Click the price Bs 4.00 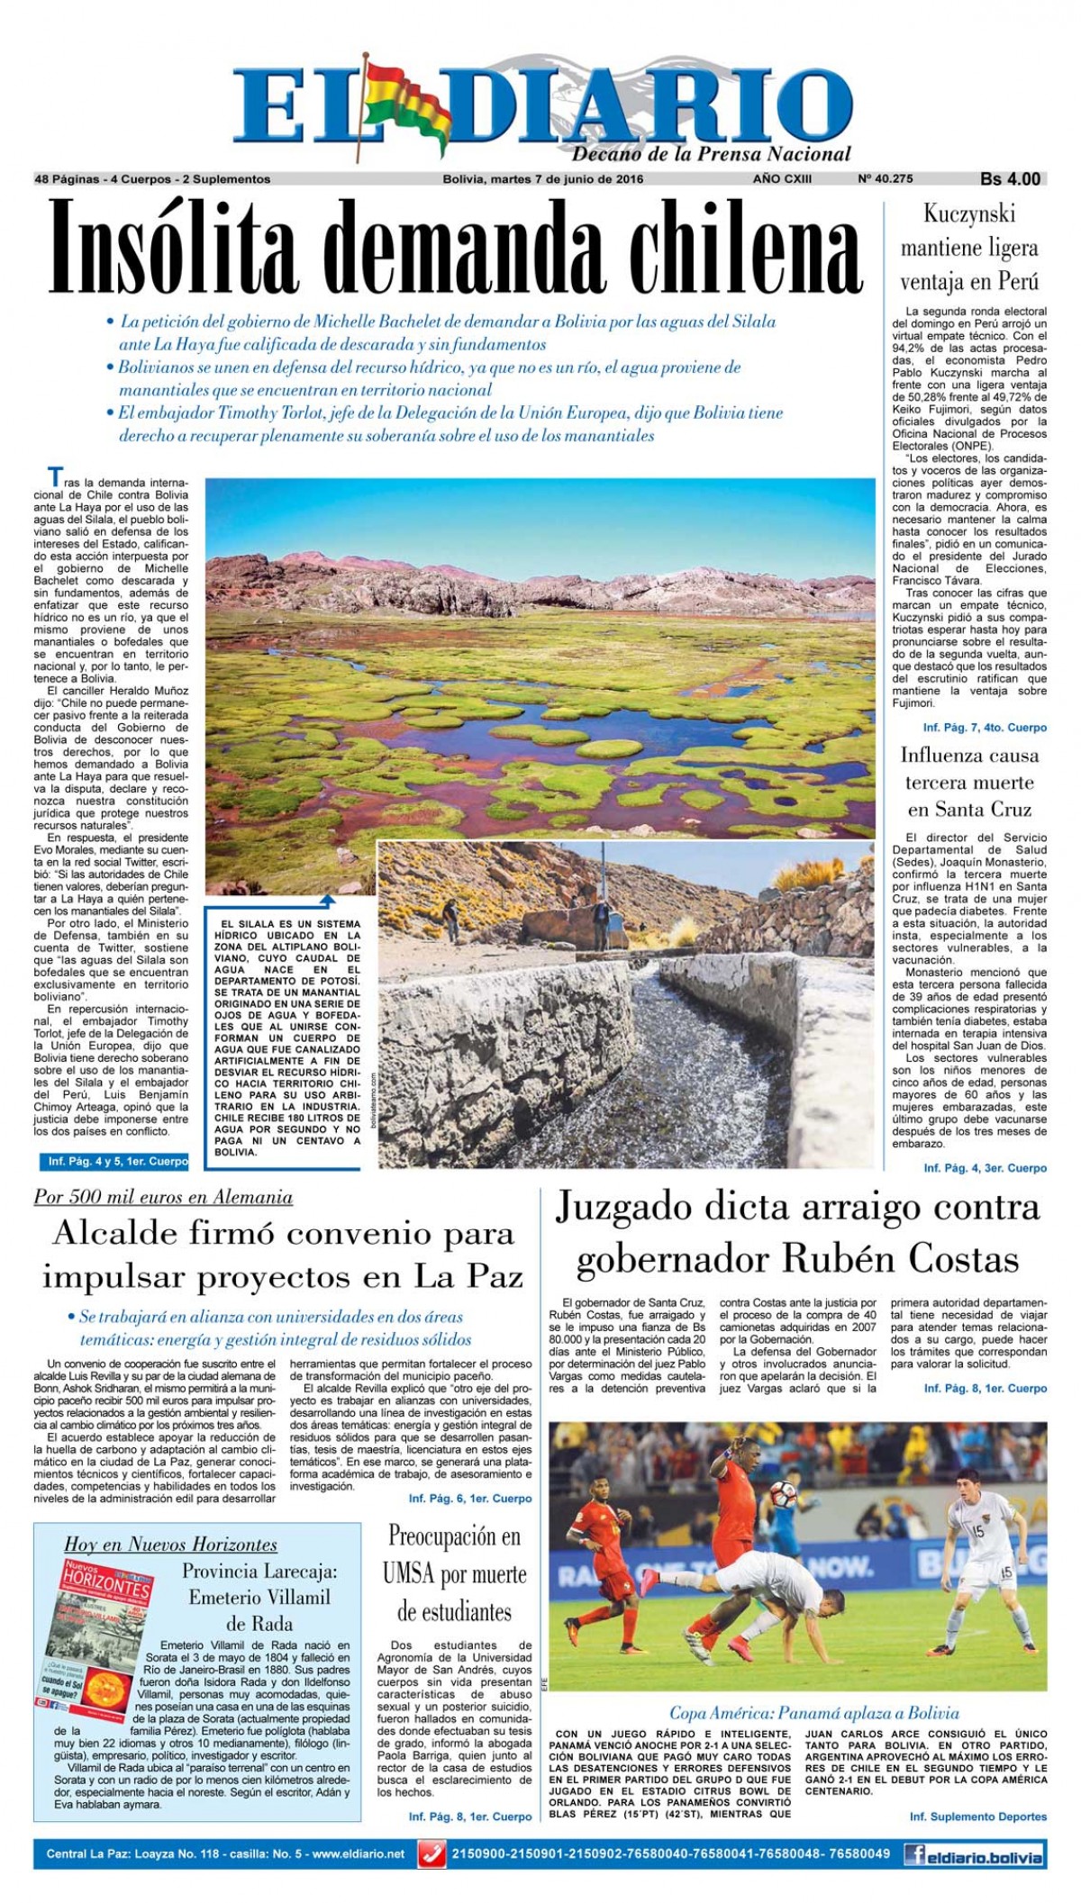(1010, 179)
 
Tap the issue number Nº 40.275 (885, 179)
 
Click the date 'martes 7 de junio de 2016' (567, 179)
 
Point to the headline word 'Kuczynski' (969, 214)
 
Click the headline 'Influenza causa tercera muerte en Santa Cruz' (969, 782)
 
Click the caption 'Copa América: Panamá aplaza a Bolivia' (813, 1713)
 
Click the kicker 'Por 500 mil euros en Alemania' (163, 1197)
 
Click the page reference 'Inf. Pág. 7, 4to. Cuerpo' (985, 727)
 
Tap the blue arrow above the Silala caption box (327, 901)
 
